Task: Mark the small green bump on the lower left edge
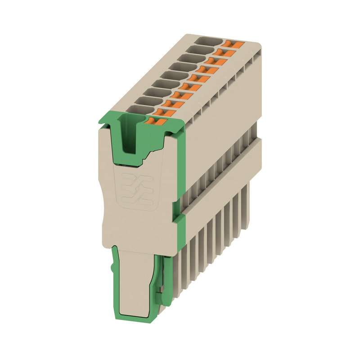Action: point(112,268)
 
